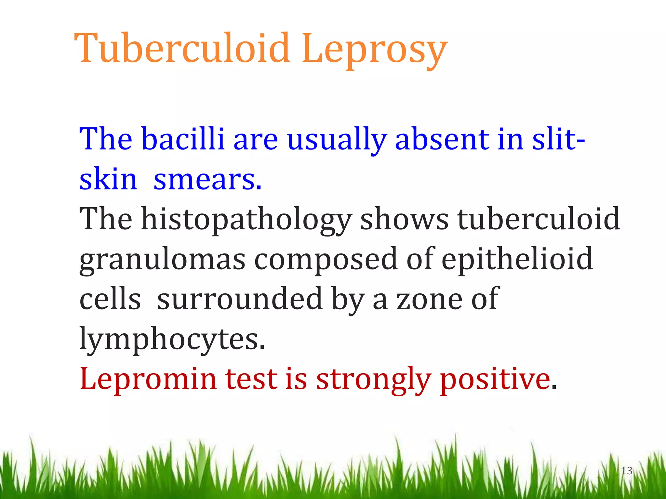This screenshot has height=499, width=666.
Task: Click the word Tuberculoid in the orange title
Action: coord(182,49)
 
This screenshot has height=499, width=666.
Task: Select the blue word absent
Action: coord(442,139)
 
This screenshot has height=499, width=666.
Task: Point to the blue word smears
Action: coord(207,180)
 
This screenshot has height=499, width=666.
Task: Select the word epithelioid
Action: coord(517,259)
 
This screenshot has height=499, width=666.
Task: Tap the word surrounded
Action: coord(240,299)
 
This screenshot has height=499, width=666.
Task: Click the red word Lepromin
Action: coord(148,379)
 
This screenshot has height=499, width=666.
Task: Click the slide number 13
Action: coord(626,471)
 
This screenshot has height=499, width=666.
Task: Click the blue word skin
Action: coord(108,179)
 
